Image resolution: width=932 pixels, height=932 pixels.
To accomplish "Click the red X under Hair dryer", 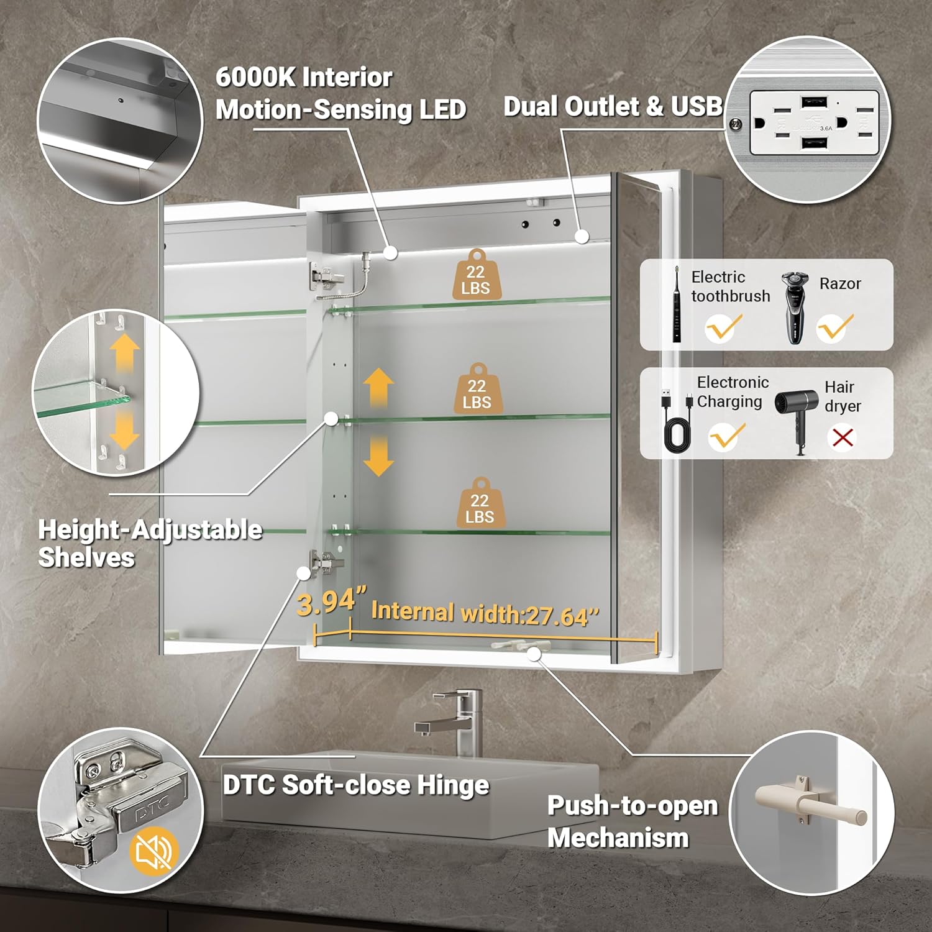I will click(843, 437).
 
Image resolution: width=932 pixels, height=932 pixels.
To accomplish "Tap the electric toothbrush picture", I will click(677, 304).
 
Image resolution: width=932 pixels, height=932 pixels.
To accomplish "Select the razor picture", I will click(795, 306).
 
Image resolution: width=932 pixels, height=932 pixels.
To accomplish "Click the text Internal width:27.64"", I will click(485, 613).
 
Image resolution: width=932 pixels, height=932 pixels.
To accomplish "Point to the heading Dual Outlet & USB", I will click(612, 107).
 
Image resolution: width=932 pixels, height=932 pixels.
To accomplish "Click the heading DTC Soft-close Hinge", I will click(356, 785).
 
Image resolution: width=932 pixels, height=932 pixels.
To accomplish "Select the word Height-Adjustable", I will click(150, 530).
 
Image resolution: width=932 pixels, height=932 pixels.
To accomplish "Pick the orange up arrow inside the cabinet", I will click(378, 387).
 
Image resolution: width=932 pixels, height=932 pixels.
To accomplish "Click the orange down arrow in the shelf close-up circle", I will click(124, 431).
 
